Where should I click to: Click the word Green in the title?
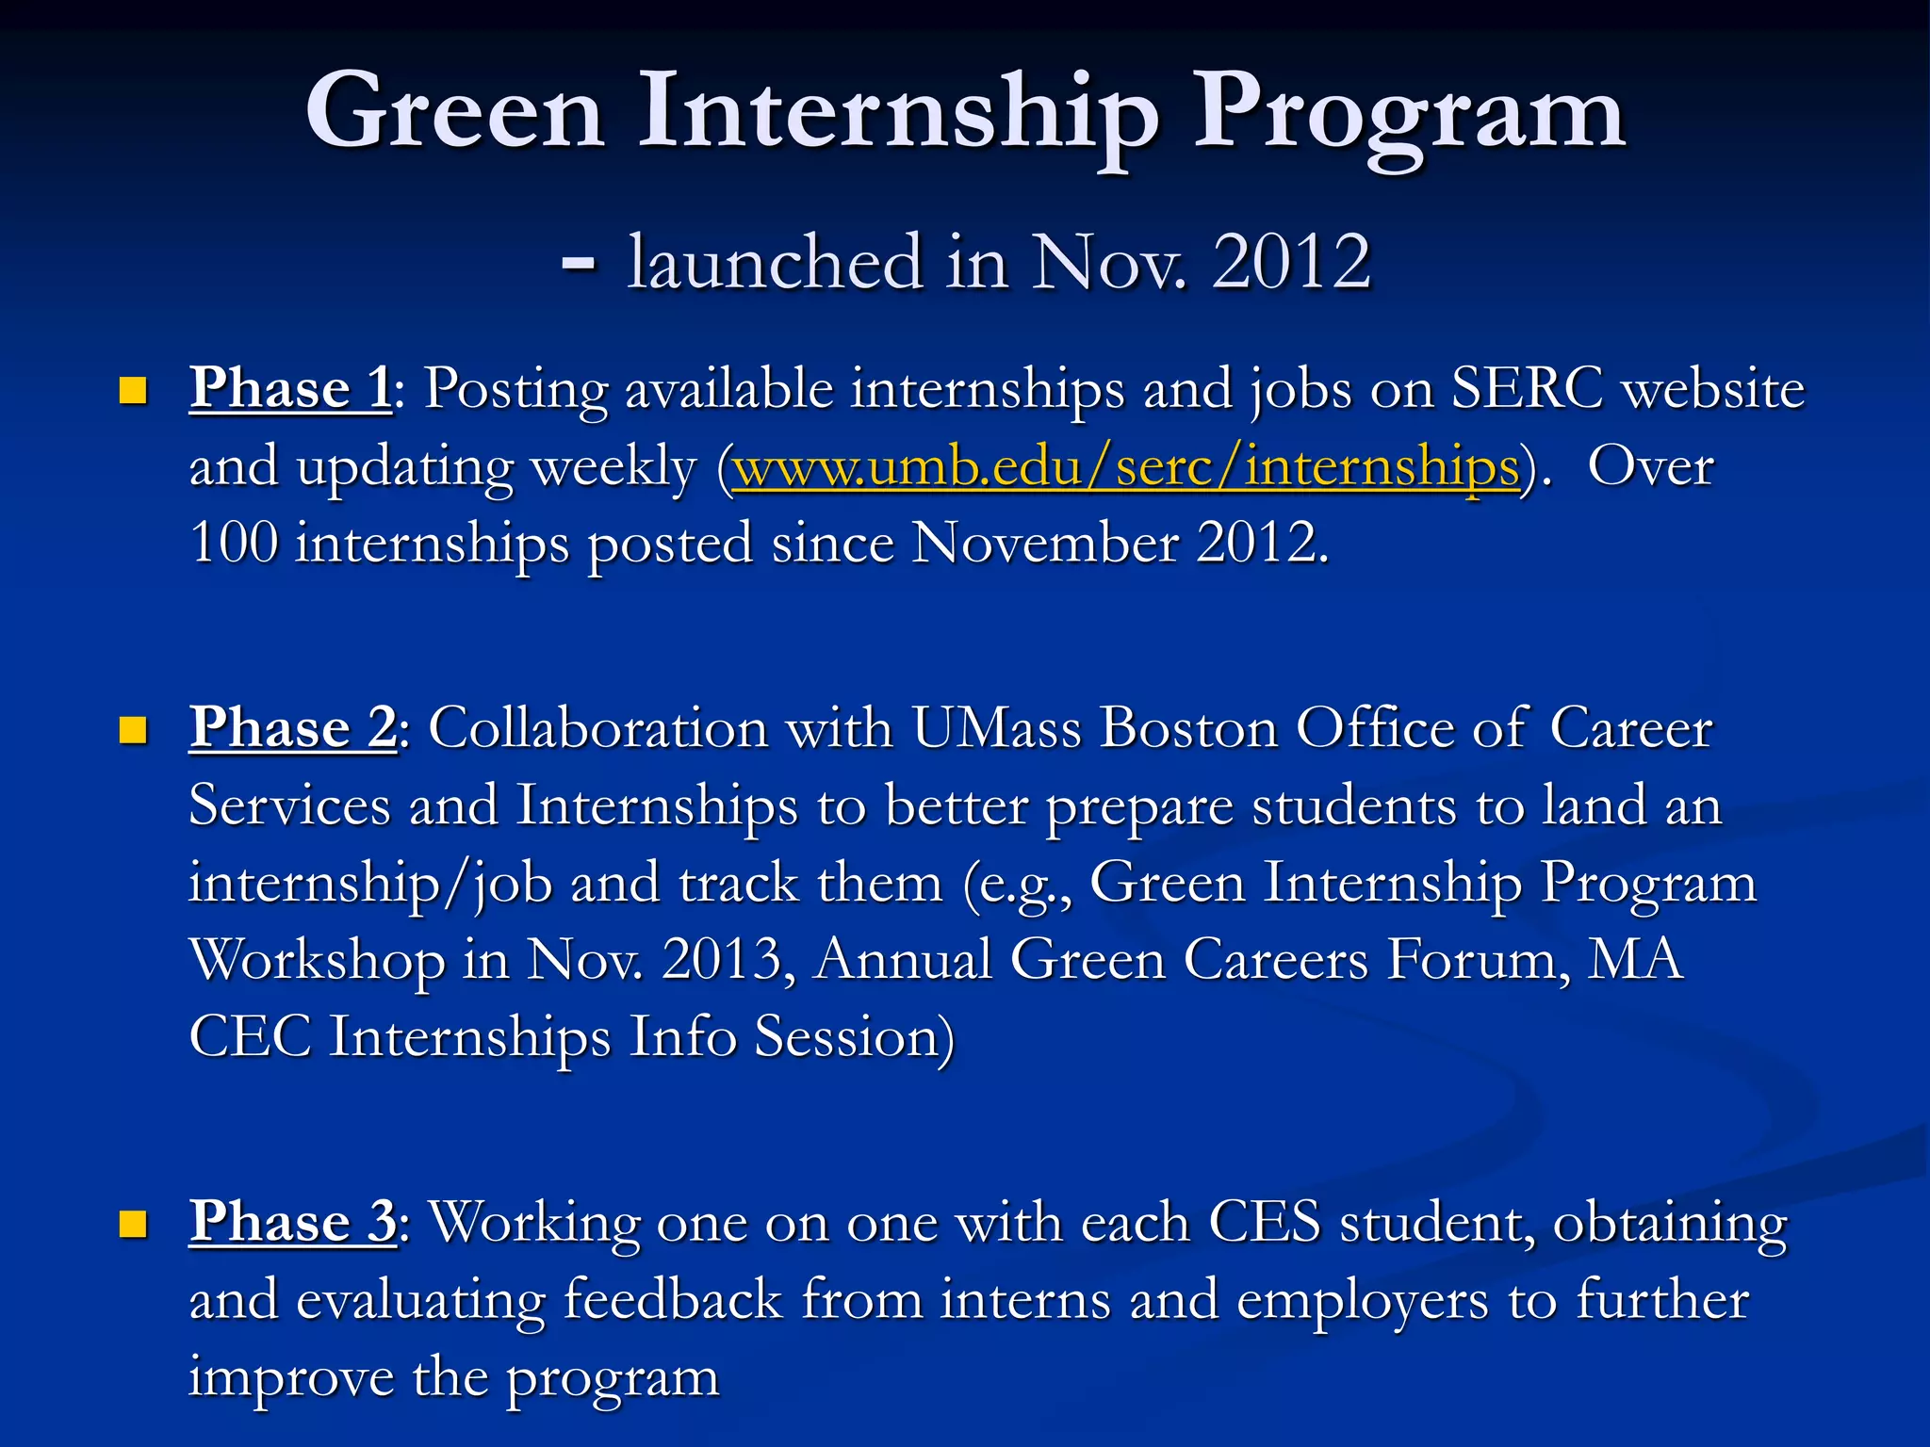point(454,113)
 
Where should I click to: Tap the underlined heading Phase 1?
point(290,387)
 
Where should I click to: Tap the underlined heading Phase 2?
point(293,727)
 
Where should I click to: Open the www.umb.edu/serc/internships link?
point(1126,466)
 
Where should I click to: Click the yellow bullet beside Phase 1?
point(133,390)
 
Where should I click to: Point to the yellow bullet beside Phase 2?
point(133,730)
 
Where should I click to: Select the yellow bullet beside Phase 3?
point(133,1224)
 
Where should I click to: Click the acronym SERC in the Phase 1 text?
point(1527,387)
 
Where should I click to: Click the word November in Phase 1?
point(1044,544)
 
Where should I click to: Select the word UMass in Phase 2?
point(996,728)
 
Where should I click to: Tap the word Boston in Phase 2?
point(1188,728)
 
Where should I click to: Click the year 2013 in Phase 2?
point(722,959)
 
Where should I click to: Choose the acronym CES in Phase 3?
point(1264,1222)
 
